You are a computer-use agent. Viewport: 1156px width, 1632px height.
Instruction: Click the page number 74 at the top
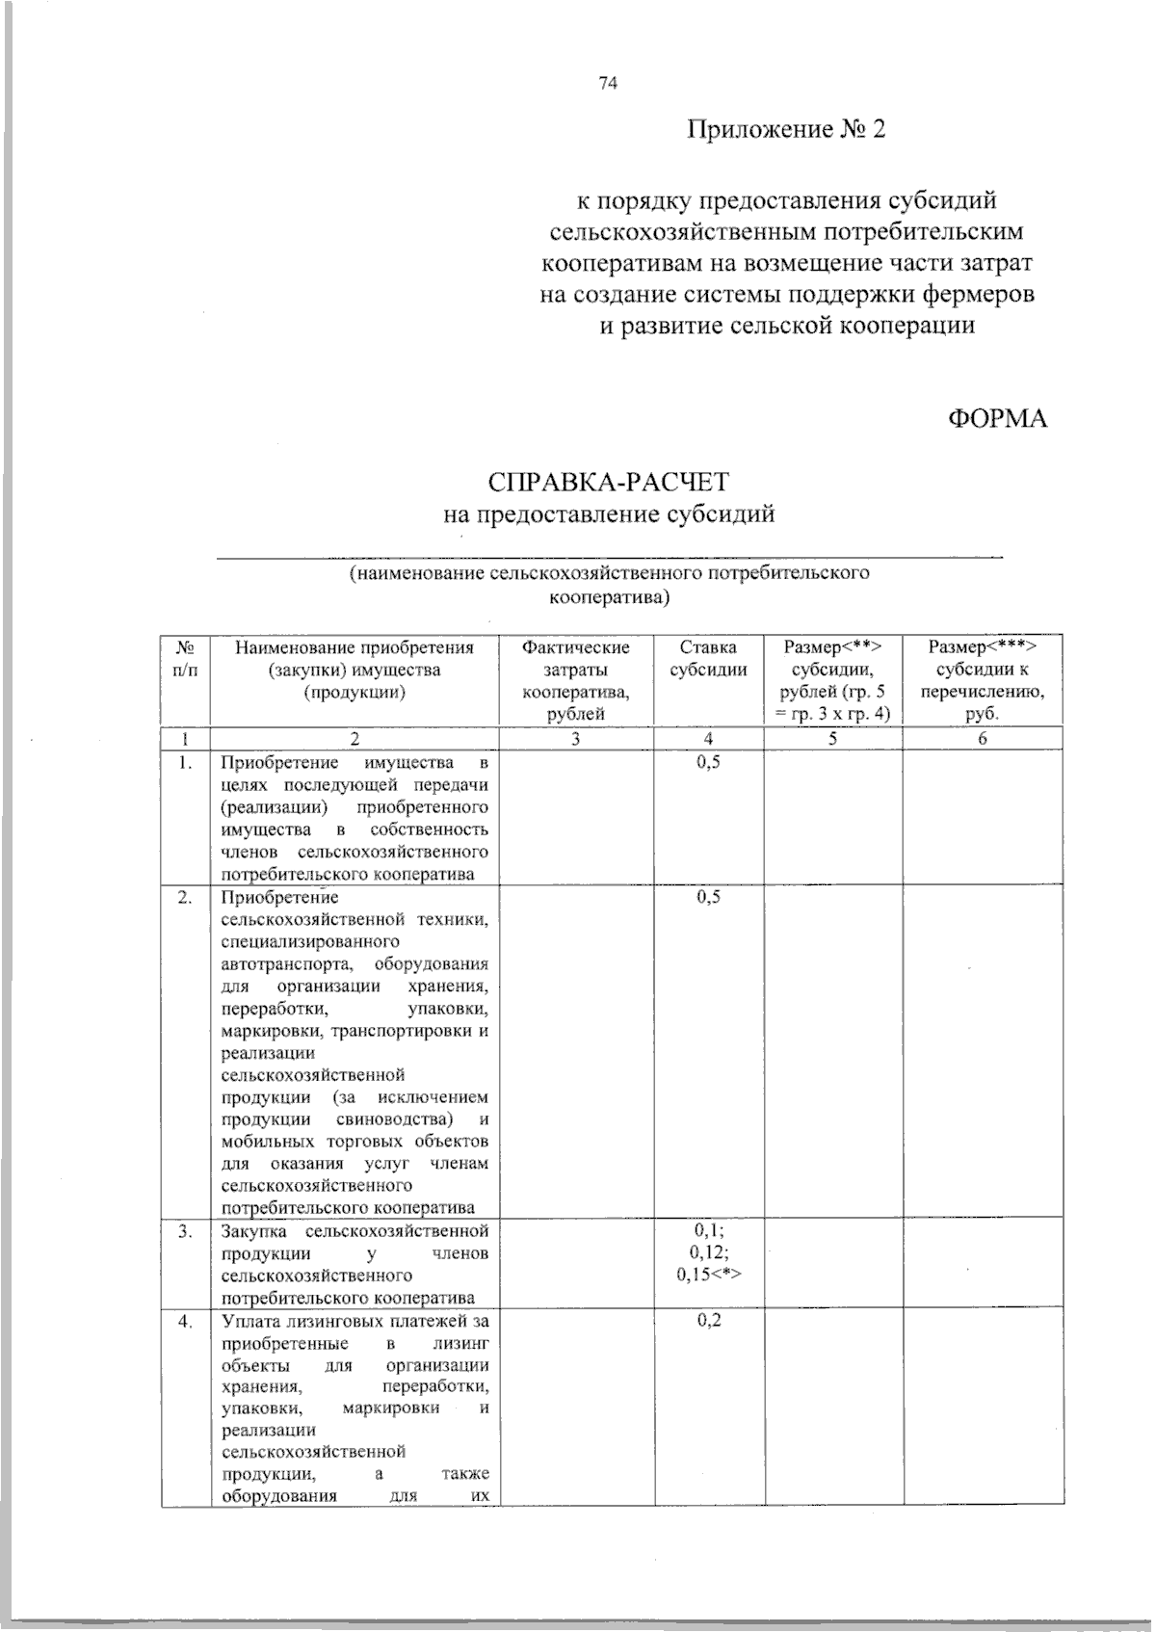click(x=606, y=83)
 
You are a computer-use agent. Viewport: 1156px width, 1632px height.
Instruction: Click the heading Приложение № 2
click(x=785, y=129)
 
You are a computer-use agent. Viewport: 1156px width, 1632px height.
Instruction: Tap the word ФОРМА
click(x=997, y=419)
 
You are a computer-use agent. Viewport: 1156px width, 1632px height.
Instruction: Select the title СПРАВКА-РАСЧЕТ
click(x=609, y=482)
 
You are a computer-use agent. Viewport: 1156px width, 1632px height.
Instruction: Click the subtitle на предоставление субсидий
click(x=609, y=514)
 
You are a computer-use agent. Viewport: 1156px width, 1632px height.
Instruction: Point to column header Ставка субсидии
click(x=708, y=658)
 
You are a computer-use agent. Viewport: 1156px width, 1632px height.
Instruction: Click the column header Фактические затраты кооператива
click(x=576, y=680)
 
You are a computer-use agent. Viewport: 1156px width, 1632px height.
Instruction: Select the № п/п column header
click(x=185, y=658)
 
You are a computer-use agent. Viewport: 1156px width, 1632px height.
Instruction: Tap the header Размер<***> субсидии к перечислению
click(x=983, y=680)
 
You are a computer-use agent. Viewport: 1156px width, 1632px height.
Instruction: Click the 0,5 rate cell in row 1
click(x=708, y=763)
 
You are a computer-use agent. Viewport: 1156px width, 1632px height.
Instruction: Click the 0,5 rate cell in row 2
click(x=708, y=897)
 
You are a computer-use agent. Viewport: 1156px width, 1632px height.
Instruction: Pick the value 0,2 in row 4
click(x=708, y=1320)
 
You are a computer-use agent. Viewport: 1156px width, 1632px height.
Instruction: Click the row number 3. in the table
click(x=185, y=1231)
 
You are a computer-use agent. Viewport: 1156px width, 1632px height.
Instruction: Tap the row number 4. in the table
click(x=185, y=1321)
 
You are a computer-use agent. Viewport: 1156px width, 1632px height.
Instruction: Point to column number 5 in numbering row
click(x=833, y=739)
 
